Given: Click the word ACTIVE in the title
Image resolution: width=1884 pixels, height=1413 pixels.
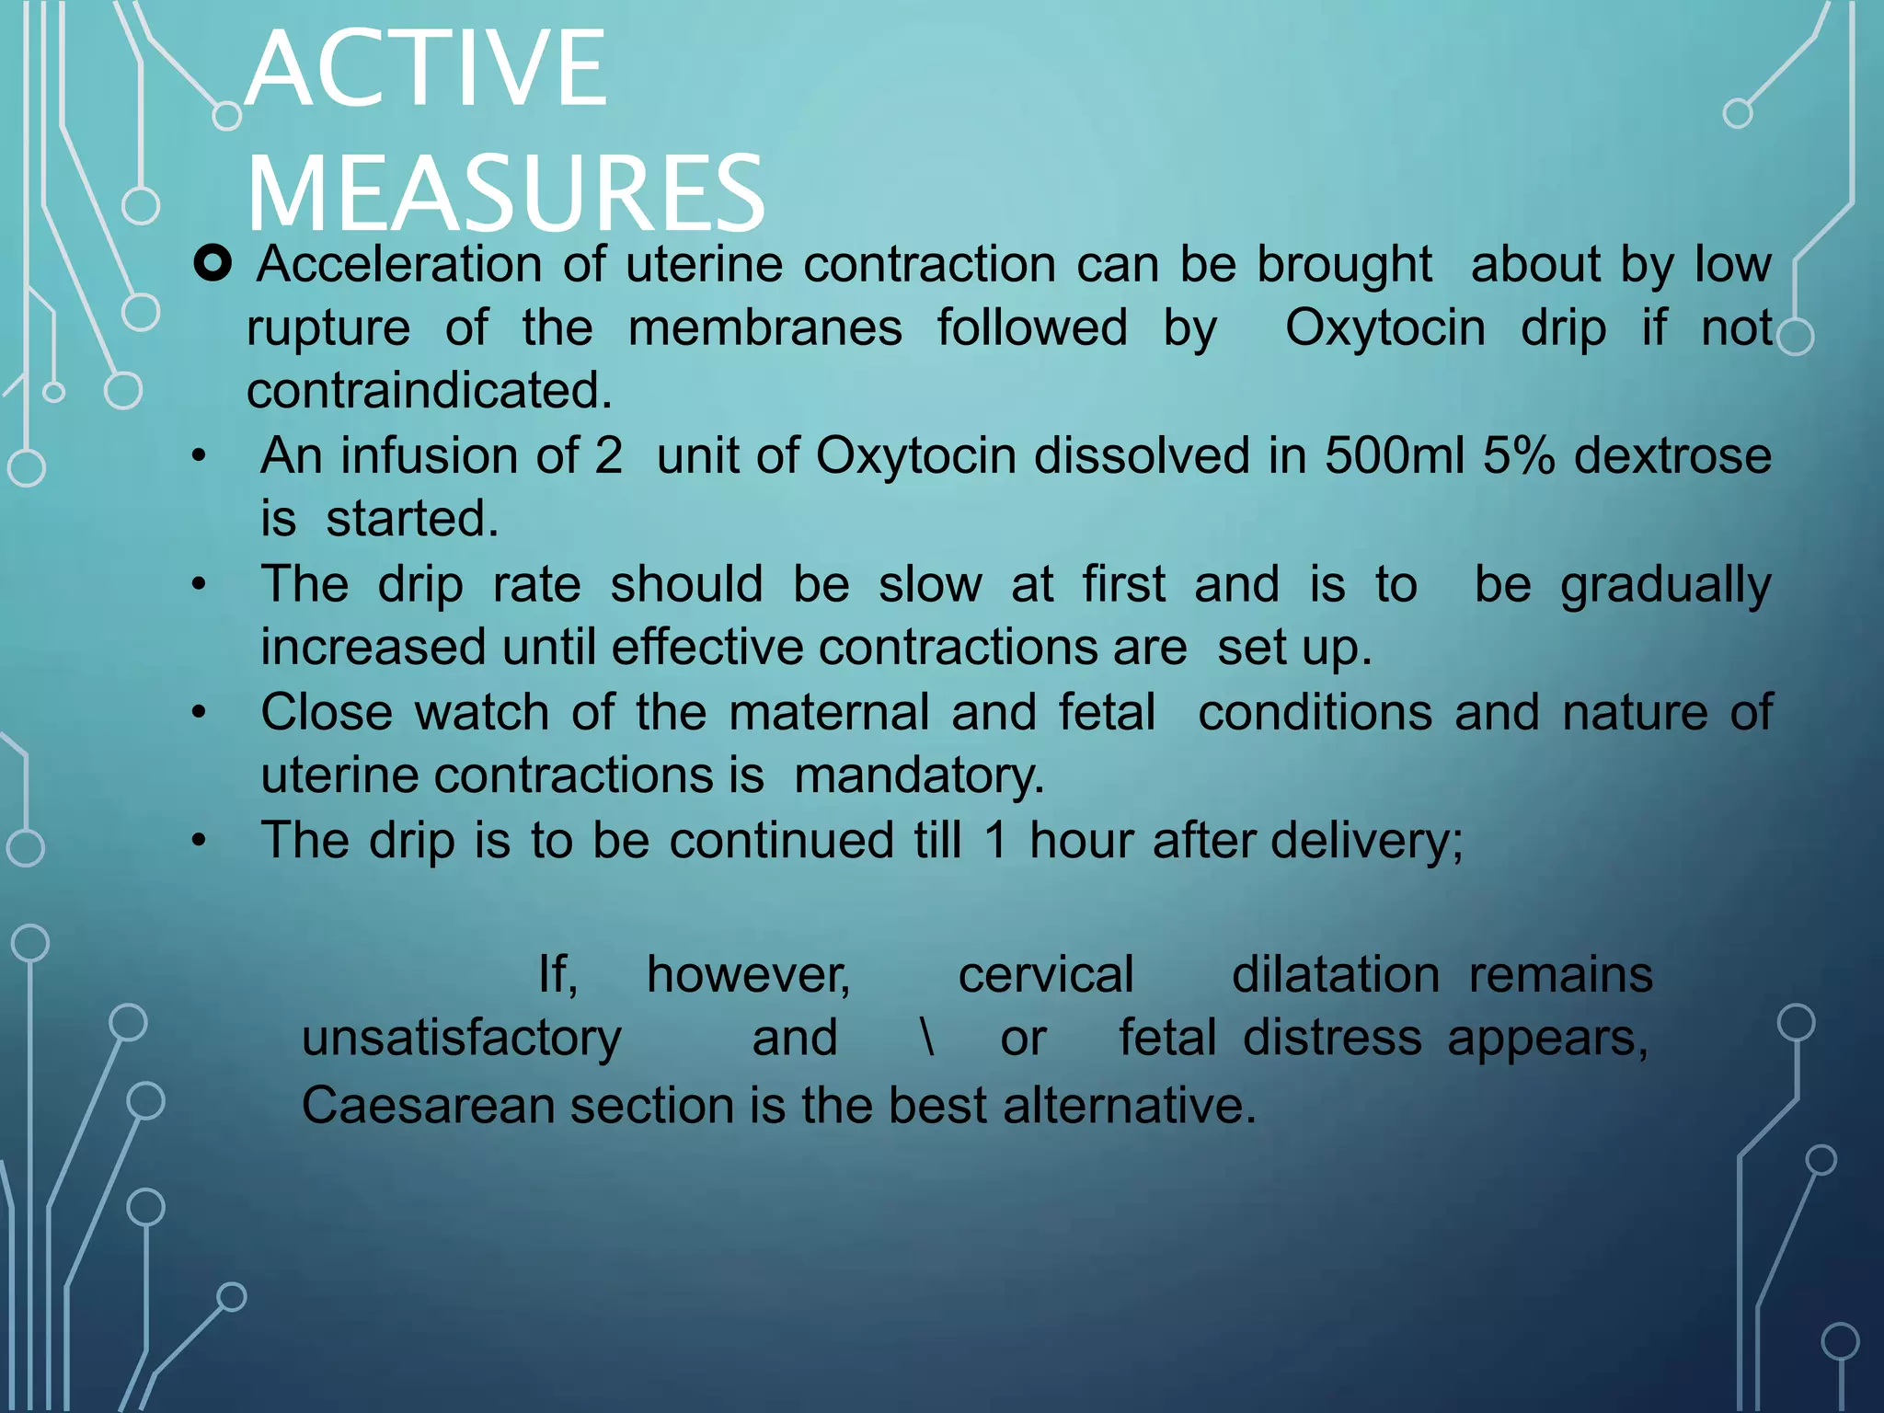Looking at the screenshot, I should pos(427,69).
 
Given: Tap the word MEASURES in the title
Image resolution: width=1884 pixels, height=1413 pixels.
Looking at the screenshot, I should pos(506,193).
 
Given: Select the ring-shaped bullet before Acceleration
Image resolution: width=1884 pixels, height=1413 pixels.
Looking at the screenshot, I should pos(213,264).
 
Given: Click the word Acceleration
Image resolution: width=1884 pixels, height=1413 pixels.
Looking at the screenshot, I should pos(399,265).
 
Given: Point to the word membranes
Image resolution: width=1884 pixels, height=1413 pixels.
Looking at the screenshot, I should pos(764,328).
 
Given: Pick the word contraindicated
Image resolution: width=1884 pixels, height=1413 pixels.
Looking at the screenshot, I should pos(429,391).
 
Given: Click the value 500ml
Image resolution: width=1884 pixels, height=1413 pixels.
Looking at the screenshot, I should pos(1395,455).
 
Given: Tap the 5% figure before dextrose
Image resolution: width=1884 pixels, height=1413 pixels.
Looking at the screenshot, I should pos(1519,455).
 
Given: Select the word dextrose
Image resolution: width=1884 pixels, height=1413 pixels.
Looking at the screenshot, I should pos(1672,455).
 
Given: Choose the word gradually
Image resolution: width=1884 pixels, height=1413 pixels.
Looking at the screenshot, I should pos(1666,586).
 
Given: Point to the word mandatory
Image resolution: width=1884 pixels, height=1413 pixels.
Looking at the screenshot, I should pos(919,775).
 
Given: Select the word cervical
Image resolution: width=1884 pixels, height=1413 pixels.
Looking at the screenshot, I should pos(1046,975).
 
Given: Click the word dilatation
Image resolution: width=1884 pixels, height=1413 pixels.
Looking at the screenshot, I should pos(1336,975).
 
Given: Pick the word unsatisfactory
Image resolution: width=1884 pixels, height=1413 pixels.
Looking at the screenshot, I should pos(462,1039).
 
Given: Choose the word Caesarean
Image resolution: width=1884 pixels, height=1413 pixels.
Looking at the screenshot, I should pos(428,1105).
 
